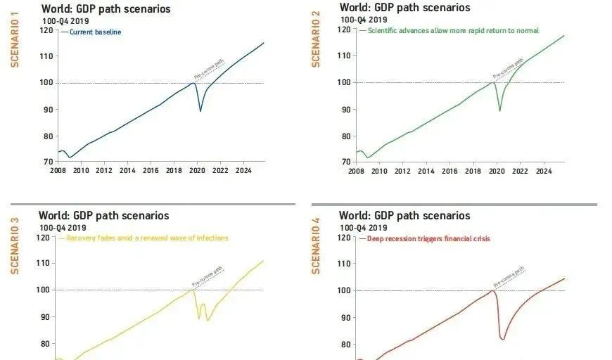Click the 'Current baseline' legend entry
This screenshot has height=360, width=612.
(95, 32)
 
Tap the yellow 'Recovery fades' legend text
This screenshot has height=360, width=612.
(147, 238)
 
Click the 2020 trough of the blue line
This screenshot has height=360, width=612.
(200, 110)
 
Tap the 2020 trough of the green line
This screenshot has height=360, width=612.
(500, 110)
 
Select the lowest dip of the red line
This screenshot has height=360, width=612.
(502, 340)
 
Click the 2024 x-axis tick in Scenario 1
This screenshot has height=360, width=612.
(243, 171)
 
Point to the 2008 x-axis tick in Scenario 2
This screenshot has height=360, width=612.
(356, 171)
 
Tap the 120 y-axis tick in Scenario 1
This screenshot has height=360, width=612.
(46, 30)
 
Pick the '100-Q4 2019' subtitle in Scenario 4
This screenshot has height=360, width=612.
(362, 227)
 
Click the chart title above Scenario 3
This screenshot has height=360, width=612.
(104, 216)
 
